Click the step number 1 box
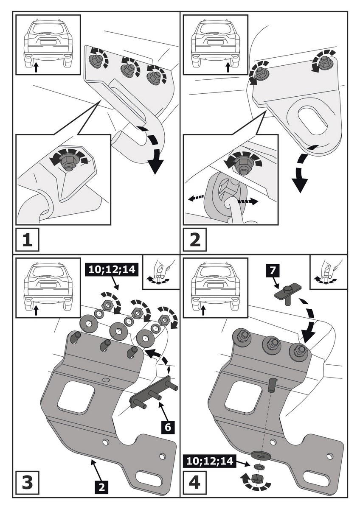click(27, 240)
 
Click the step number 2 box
click(195, 240)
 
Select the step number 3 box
click(27, 482)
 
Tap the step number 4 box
click(195, 482)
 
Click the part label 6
click(168, 427)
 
